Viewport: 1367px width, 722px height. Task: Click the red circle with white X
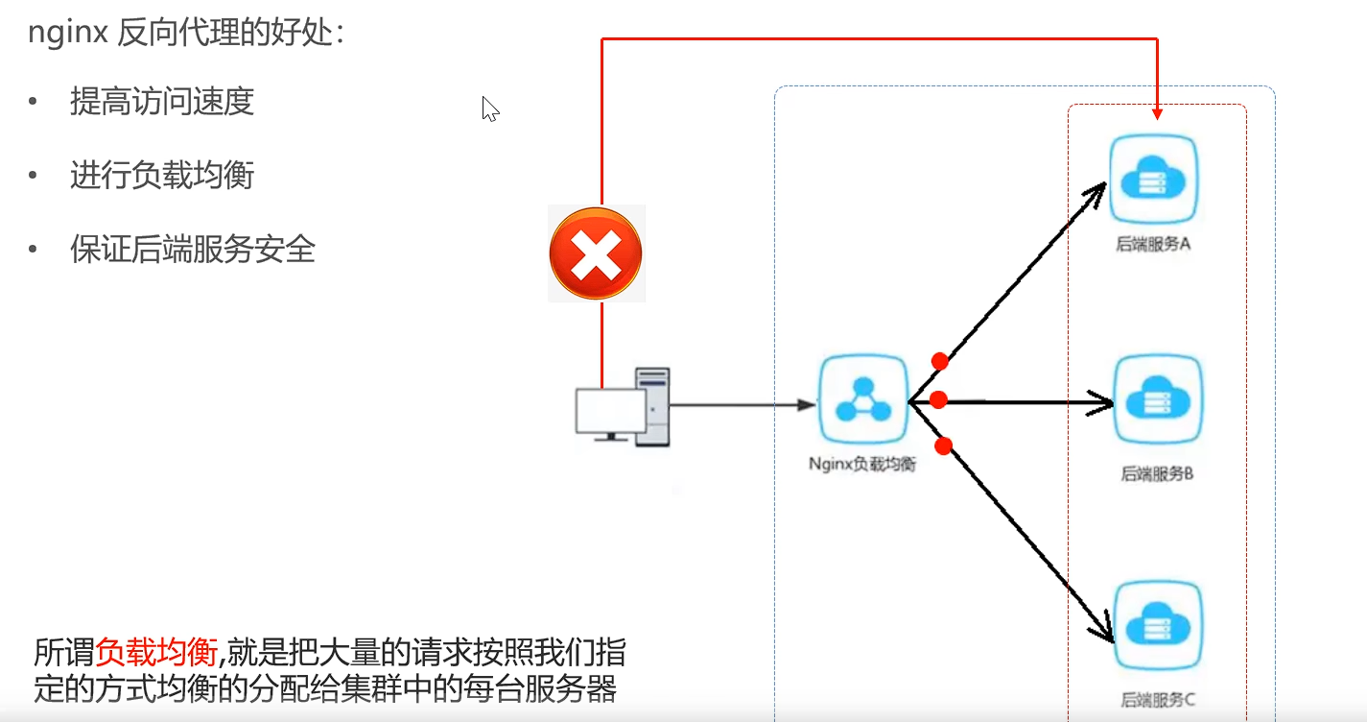click(x=596, y=254)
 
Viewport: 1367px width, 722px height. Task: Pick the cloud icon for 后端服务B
click(x=1157, y=399)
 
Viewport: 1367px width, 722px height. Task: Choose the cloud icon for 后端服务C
click(x=1157, y=625)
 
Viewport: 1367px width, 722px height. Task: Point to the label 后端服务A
click(x=1153, y=244)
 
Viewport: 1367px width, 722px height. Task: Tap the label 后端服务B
click(x=1157, y=473)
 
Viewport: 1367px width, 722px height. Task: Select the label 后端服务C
click(x=1158, y=700)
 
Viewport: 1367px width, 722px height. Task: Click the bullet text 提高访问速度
click(x=161, y=101)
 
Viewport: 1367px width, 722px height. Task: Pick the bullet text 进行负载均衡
click(x=161, y=176)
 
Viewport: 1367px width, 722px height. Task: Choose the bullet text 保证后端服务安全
click(x=192, y=250)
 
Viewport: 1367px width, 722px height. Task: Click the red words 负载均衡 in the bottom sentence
click(x=157, y=654)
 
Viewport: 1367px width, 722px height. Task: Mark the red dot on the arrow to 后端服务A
click(x=940, y=362)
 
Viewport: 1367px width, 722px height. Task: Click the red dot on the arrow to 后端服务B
click(x=938, y=399)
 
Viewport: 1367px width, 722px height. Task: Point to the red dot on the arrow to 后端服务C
click(x=943, y=445)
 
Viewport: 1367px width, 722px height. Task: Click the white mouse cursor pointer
click(x=489, y=108)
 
